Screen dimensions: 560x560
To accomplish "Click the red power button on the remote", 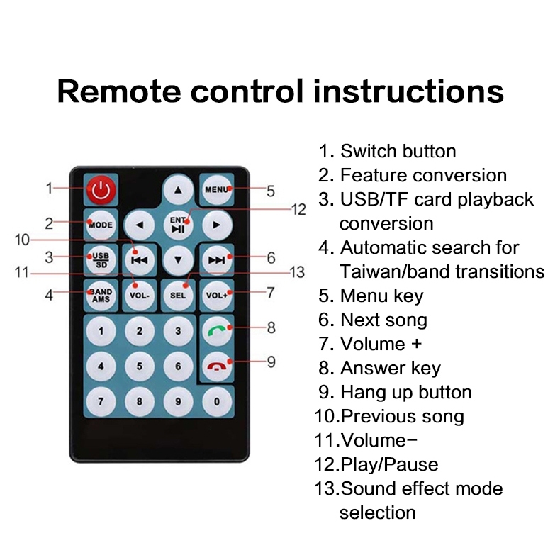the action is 101,190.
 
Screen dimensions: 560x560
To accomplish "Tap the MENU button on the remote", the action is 217,190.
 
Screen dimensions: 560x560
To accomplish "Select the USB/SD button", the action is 101,260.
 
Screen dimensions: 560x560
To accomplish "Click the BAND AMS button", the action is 101,296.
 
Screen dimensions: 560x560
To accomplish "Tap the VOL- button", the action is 140,296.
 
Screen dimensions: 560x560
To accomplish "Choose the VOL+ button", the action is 217,296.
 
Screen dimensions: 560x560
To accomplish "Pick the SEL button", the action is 178,296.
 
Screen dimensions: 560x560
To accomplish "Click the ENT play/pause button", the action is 178,225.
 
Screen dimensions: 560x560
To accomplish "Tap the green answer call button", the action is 217,331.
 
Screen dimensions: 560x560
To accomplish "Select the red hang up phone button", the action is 217,366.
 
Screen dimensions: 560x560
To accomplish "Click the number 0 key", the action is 217,401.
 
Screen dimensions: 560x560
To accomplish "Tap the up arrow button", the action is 178,190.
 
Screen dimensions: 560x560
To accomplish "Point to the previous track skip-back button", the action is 140,260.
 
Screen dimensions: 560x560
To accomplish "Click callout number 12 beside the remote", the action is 299,209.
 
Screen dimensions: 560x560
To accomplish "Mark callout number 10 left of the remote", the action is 22,240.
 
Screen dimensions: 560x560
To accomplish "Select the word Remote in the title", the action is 120,91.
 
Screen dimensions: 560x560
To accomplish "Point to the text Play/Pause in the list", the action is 389,464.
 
